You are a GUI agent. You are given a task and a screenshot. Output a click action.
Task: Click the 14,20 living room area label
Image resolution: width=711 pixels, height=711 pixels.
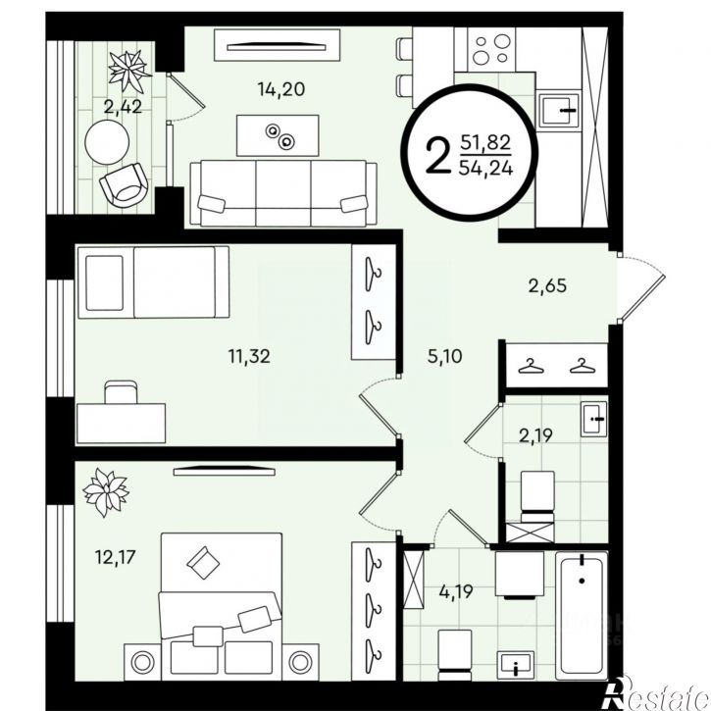[x=281, y=89]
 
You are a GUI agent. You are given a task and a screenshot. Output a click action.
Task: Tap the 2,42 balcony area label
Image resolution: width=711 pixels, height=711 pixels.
[x=123, y=107]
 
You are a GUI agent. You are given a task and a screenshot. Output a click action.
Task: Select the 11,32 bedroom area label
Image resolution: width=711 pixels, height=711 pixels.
[x=249, y=356]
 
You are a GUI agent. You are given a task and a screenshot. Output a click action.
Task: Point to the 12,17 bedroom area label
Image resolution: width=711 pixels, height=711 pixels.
[x=115, y=557]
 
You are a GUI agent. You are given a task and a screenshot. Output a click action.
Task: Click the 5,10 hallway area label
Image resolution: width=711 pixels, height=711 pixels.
[x=445, y=356]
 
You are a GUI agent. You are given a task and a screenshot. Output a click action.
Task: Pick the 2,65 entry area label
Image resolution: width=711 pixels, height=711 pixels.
[x=548, y=286]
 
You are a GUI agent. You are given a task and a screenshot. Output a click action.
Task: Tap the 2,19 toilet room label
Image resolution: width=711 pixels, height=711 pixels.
[x=535, y=435]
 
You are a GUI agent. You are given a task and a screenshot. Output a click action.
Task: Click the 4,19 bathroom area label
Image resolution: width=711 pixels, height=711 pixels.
[x=456, y=591]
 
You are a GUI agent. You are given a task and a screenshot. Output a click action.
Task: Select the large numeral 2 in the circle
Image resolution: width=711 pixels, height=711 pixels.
[x=436, y=157]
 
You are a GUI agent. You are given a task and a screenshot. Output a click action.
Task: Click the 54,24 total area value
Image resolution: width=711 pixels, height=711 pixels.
[x=486, y=169]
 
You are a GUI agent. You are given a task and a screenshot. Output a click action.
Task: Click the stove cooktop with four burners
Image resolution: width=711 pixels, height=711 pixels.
[x=491, y=49]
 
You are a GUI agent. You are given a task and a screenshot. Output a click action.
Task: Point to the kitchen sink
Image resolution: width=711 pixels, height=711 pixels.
[x=558, y=111]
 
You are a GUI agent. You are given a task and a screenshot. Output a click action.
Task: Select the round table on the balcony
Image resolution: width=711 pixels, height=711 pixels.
[x=107, y=142]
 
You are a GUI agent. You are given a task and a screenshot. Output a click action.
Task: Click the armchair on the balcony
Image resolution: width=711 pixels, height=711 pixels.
[x=124, y=184]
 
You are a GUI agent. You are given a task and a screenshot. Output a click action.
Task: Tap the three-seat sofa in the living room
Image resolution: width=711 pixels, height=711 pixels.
[x=283, y=193]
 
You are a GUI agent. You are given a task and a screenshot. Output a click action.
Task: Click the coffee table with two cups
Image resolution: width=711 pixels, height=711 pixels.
[x=278, y=135]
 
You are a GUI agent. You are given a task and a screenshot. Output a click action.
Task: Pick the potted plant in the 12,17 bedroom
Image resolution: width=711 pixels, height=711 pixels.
[x=106, y=493]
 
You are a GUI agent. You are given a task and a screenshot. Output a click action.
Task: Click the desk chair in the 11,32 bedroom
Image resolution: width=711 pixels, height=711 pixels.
[x=121, y=392]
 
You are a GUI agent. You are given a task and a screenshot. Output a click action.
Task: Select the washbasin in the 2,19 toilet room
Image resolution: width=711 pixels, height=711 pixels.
[x=593, y=419]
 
